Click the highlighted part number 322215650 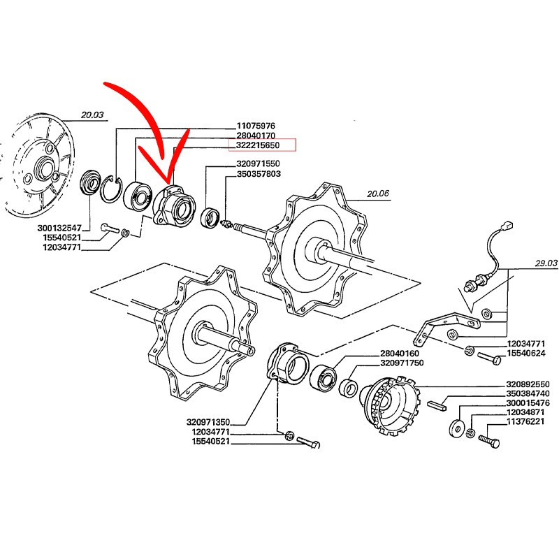258,145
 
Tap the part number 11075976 256,126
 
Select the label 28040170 256,136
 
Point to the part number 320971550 258,164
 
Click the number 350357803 259,174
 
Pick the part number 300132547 59,228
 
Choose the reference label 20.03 92,115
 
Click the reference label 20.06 378,194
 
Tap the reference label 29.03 546,263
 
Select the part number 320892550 528,384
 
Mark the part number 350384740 528,393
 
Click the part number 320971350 208,423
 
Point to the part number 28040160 399,354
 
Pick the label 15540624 526,354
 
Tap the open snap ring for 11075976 112,189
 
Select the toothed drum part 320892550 389,406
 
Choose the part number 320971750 402,363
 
